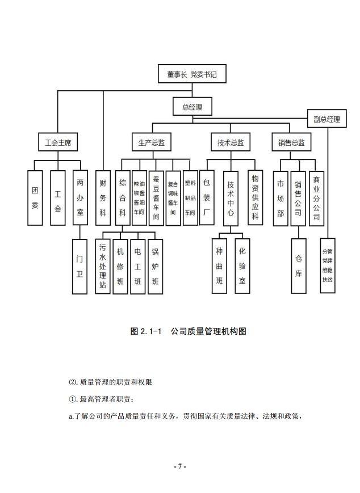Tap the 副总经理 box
pyautogui.click(x=327, y=119)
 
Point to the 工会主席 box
pyautogui.click(x=57, y=142)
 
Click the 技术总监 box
pyautogui.click(x=230, y=142)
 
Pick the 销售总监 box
pyautogui.click(x=291, y=142)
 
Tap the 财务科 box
pyautogui.click(x=103, y=198)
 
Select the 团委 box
pyautogui.click(x=35, y=198)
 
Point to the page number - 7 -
pyautogui.click(x=180, y=466)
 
